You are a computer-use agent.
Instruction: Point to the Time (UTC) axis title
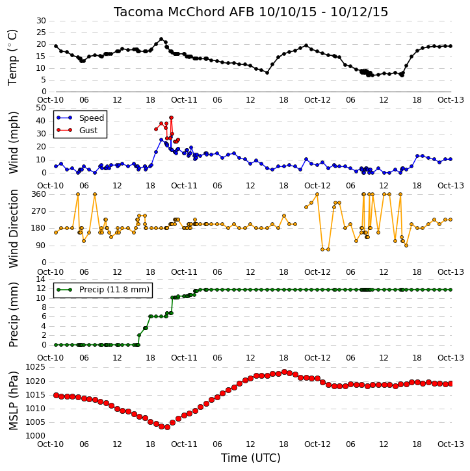pyautogui.click(x=251, y=458)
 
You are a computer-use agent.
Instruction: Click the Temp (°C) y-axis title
pyautogui.click(x=12, y=57)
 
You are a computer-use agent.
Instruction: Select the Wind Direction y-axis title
pyautogui.click(x=13, y=229)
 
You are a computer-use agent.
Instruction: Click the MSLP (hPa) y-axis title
pyautogui.click(x=13, y=401)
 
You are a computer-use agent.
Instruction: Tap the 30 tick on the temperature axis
pyautogui.click(x=42, y=21)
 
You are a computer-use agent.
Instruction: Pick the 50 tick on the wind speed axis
pyautogui.click(x=42, y=108)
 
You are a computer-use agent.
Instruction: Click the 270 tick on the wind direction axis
pyautogui.click(x=39, y=211)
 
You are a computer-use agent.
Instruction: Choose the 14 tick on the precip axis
pyautogui.click(x=42, y=279)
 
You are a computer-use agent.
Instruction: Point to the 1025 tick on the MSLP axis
pyautogui.click(x=36, y=367)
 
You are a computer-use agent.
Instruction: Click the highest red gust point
pyautogui.click(x=171, y=118)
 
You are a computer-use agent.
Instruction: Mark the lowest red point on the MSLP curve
pyautogui.click(x=167, y=427)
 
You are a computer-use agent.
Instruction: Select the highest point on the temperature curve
pyautogui.click(x=161, y=39)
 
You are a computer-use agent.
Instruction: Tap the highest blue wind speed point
pyautogui.click(x=161, y=140)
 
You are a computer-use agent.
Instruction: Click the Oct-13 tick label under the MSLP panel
pyautogui.click(x=450, y=444)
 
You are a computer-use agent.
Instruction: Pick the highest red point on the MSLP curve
pyautogui.click(x=284, y=372)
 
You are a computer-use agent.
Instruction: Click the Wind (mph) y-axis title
pyautogui.click(x=13, y=143)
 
